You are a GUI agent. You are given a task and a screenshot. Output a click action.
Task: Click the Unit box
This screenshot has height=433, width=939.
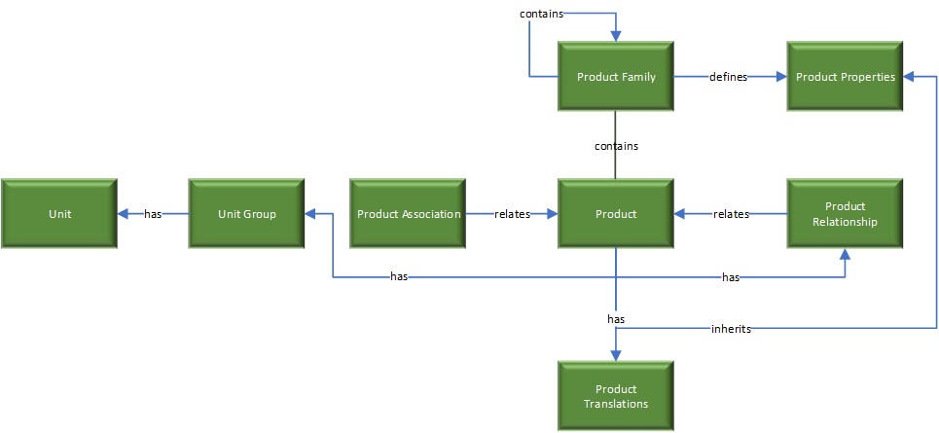(x=59, y=214)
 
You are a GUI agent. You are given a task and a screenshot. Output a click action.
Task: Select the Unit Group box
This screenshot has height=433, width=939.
(x=246, y=214)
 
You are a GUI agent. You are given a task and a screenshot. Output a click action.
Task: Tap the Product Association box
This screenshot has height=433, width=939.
(x=409, y=214)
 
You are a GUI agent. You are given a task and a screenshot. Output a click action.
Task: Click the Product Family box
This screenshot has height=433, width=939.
(x=616, y=77)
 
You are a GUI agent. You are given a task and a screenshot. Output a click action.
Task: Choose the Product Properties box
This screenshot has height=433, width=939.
(x=845, y=77)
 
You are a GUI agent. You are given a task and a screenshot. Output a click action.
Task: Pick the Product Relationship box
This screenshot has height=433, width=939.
(x=845, y=214)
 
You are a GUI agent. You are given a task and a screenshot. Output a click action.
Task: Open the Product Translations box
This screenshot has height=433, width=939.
(x=616, y=396)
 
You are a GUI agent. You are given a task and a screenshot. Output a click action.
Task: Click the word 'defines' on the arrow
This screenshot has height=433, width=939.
(x=728, y=77)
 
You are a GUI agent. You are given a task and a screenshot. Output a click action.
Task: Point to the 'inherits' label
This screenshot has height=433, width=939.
(x=730, y=329)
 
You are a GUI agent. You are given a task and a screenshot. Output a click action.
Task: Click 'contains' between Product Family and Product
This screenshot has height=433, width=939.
(x=616, y=146)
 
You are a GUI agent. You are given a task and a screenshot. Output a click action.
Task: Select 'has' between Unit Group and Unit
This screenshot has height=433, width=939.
(x=153, y=214)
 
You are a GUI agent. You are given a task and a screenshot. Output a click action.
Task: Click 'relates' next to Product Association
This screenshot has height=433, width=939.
(x=512, y=214)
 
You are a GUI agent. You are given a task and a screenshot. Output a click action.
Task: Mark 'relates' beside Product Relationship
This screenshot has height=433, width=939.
(x=731, y=214)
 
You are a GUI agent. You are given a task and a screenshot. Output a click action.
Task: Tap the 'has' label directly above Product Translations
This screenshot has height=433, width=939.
(x=616, y=318)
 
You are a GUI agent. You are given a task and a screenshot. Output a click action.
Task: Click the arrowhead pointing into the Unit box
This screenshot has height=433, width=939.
(x=124, y=214)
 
